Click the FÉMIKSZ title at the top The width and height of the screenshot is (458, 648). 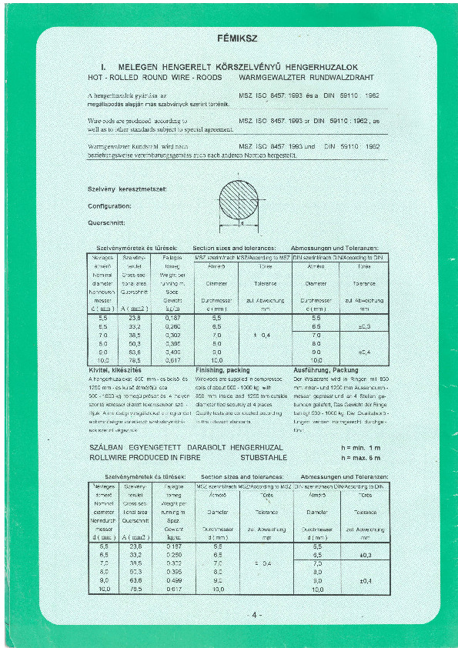click(x=233, y=36)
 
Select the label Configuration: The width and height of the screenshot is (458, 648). click(x=109, y=205)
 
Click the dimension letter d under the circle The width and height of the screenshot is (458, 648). click(x=241, y=224)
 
